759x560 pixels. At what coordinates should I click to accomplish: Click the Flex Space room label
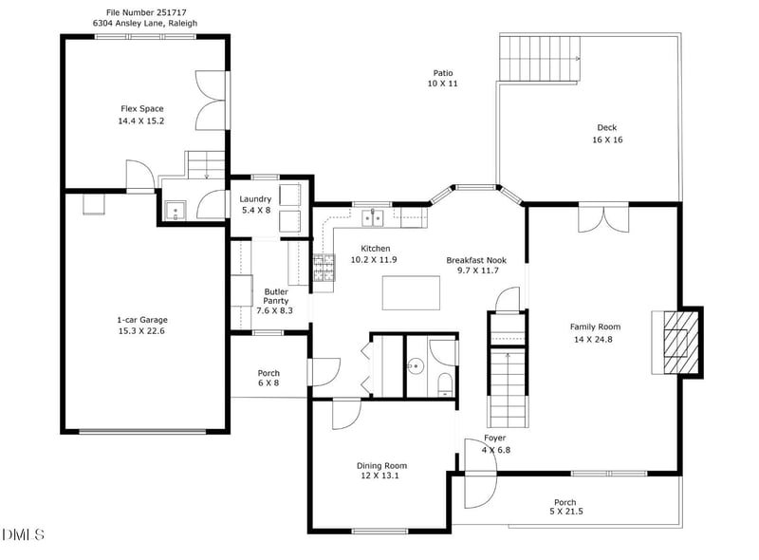(x=141, y=108)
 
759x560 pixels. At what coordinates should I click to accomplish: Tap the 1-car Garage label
(x=141, y=320)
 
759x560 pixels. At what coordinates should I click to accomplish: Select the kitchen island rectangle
(x=411, y=292)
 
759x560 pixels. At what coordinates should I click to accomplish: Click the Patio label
(x=442, y=72)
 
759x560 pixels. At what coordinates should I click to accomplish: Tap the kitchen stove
(x=324, y=271)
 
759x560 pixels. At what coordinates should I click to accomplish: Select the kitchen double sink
(x=373, y=218)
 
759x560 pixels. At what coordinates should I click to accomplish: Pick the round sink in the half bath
(x=415, y=364)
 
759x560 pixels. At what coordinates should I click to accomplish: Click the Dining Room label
(x=381, y=465)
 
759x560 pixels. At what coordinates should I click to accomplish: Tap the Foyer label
(x=495, y=438)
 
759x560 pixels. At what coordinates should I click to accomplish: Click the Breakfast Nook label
(x=477, y=259)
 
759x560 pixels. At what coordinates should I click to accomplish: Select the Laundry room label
(x=255, y=198)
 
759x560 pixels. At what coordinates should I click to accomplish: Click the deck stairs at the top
(x=539, y=59)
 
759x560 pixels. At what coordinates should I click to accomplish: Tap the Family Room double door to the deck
(x=602, y=217)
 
